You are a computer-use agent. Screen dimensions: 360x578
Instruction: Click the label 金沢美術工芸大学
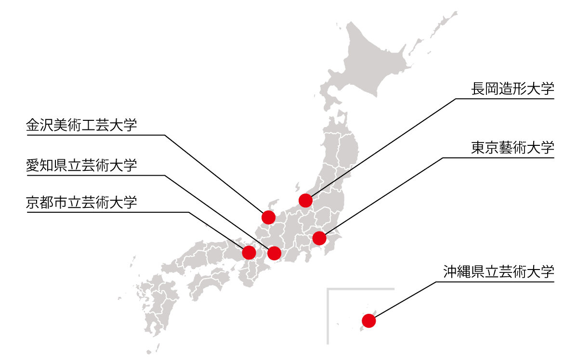[81, 126]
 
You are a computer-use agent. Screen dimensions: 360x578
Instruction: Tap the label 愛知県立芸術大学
[81, 166]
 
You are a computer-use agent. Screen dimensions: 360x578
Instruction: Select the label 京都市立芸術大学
[81, 203]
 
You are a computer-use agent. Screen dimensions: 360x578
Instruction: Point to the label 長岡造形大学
[512, 90]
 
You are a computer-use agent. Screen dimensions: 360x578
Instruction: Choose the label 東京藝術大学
[512, 147]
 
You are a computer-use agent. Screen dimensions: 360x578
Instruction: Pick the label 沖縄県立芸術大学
[499, 272]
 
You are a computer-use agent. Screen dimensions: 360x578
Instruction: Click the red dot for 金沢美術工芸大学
[268, 217]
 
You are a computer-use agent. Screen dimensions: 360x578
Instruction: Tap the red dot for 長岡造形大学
[305, 200]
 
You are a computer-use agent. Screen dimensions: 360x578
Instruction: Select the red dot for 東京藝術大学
[319, 238]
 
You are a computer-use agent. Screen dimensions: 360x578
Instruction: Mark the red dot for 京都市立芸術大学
[249, 252]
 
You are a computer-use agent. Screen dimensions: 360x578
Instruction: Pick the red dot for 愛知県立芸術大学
[274, 253]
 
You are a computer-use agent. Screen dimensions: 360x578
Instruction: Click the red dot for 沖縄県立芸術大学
[368, 321]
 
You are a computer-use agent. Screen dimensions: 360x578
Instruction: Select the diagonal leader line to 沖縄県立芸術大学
[405, 301]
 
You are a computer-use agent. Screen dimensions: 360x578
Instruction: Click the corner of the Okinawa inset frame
[328, 289]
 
